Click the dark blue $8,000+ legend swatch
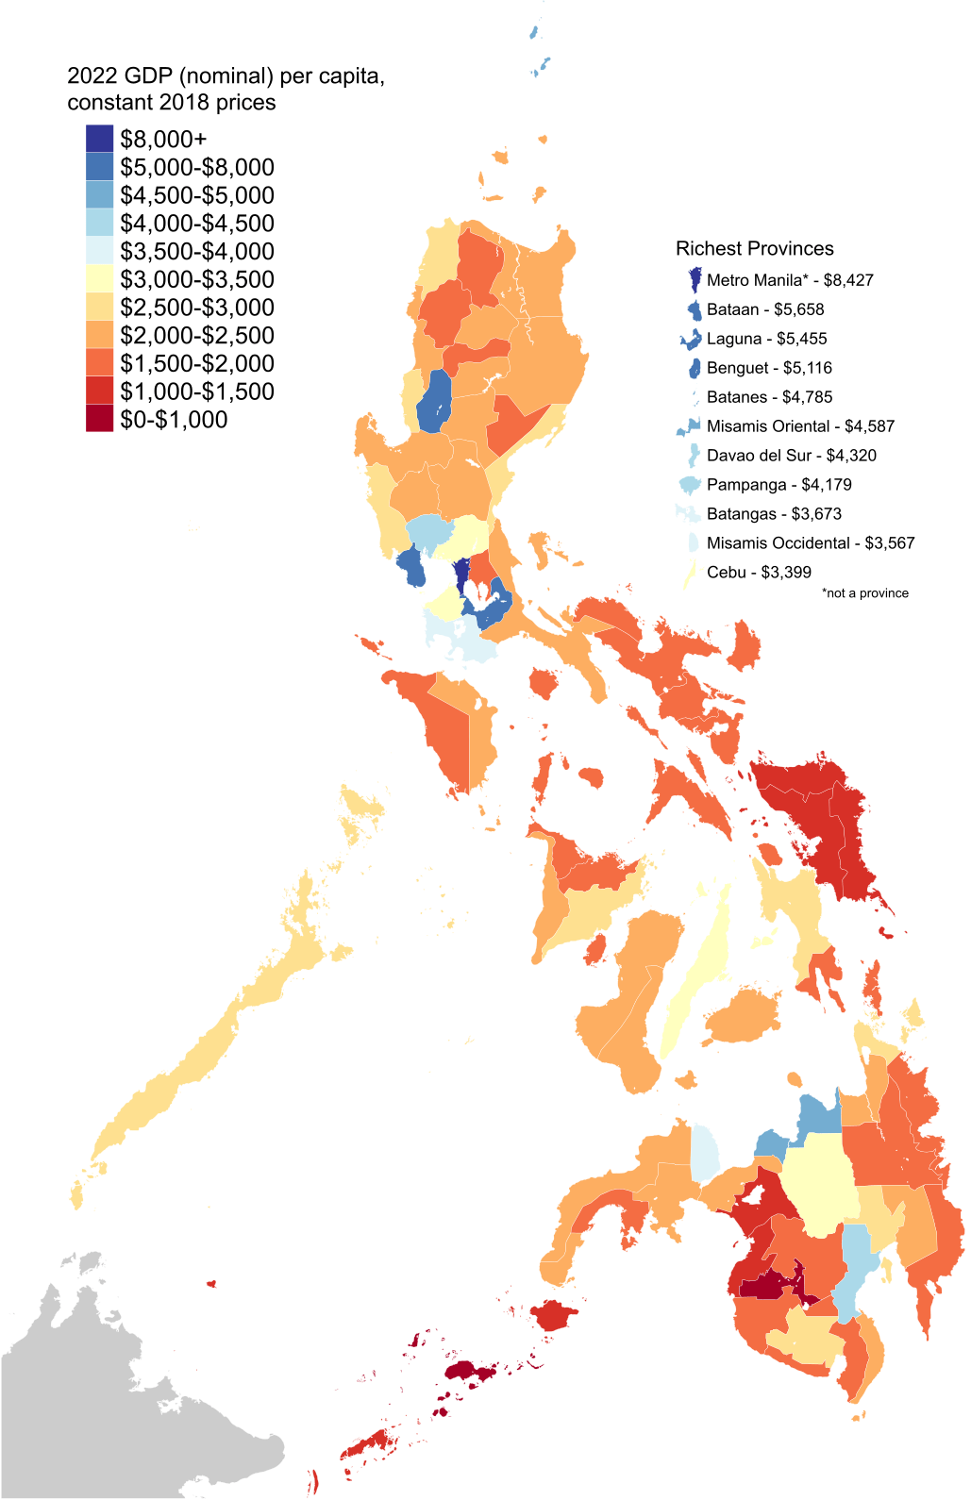tap(99, 139)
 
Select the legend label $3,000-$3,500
tap(196, 279)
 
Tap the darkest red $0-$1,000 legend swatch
tap(99, 419)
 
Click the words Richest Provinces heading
tap(754, 248)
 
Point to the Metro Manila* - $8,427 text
tap(789, 280)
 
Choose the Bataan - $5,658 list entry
tap(764, 309)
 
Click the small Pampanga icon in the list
tap(690, 485)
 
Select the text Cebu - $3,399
tap(758, 573)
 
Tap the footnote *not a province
tap(864, 593)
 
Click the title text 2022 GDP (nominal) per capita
tap(226, 75)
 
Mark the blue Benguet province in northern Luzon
tap(434, 401)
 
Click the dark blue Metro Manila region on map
tap(461, 573)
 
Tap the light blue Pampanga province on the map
tap(427, 534)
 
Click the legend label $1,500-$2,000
tap(196, 363)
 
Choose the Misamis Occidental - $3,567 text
tap(810, 543)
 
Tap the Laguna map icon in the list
tap(691, 339)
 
